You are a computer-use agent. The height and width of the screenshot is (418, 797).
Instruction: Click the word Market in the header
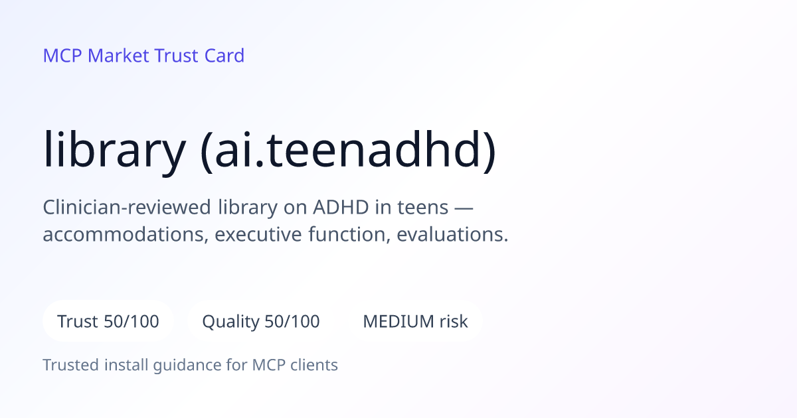(118, 56)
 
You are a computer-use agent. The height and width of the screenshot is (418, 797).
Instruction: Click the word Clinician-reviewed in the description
(127, 207)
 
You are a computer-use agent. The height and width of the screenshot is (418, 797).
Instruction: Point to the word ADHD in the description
(341, 207)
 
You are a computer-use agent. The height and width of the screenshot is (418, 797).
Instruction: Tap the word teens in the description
(422, 207)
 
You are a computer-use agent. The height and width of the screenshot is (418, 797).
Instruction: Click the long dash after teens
(464, 208)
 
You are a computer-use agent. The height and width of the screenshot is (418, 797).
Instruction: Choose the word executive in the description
(258, 235)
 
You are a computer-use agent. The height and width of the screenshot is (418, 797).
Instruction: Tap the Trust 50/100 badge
(108, 321)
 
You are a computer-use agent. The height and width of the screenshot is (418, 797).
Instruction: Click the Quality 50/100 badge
(261, 321)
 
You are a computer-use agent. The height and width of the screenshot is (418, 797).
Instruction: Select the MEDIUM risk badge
(415, 321)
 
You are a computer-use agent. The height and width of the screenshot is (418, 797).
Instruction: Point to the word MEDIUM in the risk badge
(398, 321)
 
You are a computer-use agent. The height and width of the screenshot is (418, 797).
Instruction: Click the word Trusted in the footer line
(71, 365)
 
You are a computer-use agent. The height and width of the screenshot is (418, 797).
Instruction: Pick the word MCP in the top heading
(62, 56)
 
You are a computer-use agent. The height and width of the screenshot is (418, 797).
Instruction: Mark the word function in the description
(346, 235)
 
